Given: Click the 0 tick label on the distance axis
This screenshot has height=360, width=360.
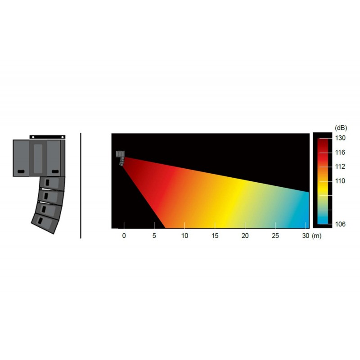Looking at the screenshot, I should coord(124,236).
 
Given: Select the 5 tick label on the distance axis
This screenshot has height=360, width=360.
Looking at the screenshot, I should coord(154,236).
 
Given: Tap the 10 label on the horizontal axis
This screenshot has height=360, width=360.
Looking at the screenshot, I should coord(184,236).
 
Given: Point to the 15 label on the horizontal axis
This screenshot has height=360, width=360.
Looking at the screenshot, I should coord(215,236).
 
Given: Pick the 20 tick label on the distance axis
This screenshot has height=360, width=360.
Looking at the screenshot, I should coord(245,236).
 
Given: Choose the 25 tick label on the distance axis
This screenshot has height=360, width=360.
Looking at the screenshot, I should coord(276,236).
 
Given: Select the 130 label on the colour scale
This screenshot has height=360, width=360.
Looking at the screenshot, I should coord(340,138).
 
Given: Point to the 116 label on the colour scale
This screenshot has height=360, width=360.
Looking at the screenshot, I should coord(340,153).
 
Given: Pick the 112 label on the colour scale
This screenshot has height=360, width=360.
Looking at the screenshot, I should coord(340,166).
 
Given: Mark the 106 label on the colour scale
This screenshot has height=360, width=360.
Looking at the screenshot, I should coord(340,224).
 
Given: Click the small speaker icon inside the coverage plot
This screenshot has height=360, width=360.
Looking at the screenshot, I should coord(121,157).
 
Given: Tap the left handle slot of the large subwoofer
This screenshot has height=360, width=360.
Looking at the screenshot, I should coord(21,171).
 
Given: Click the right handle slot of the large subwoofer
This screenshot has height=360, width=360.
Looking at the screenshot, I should coord(55,171).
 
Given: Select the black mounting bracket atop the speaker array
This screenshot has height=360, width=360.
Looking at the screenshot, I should coord(47,136).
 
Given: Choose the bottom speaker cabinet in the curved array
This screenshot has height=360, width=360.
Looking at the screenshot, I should coord(45,222).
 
